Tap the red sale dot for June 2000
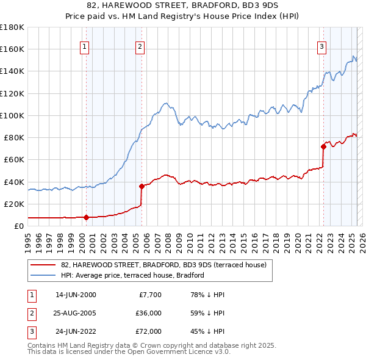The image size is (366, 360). pyautogui.click(x=86, y=217)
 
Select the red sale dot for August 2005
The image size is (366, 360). pyautogui.click(x=142, y=186)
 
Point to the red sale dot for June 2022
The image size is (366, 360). pyautogui.click(x=323, y=146)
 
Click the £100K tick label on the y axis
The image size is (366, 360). pyautogui.click(x=12, y=115)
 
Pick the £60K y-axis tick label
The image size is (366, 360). pyautogui.click(x=13, y=159)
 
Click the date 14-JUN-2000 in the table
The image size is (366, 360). pyautogui.click(x=76, y=295)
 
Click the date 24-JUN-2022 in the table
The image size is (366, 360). pyautogui.click(x=76, y=331)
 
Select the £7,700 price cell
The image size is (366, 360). pyautogui.click(x=150, y=295)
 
